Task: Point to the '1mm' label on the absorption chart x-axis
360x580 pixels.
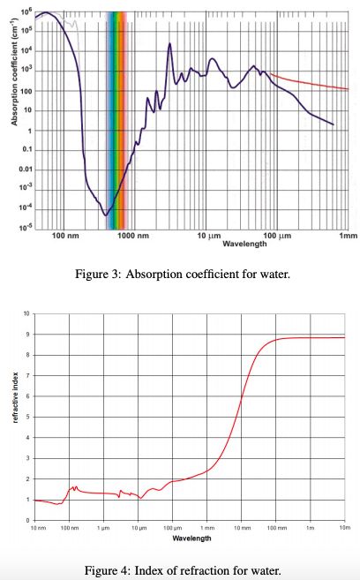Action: click(347, 237)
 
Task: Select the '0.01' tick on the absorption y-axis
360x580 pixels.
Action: click(25, 169)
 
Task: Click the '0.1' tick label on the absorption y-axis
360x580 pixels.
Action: click(26, 149)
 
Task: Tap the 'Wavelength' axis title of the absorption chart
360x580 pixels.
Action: click(238, 244)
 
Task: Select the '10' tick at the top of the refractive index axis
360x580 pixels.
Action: click(26, 313)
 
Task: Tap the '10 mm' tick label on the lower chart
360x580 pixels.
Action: click(240, 527)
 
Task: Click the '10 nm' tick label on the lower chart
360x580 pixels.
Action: click(37, 527)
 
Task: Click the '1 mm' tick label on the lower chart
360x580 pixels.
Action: click(206, 527)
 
